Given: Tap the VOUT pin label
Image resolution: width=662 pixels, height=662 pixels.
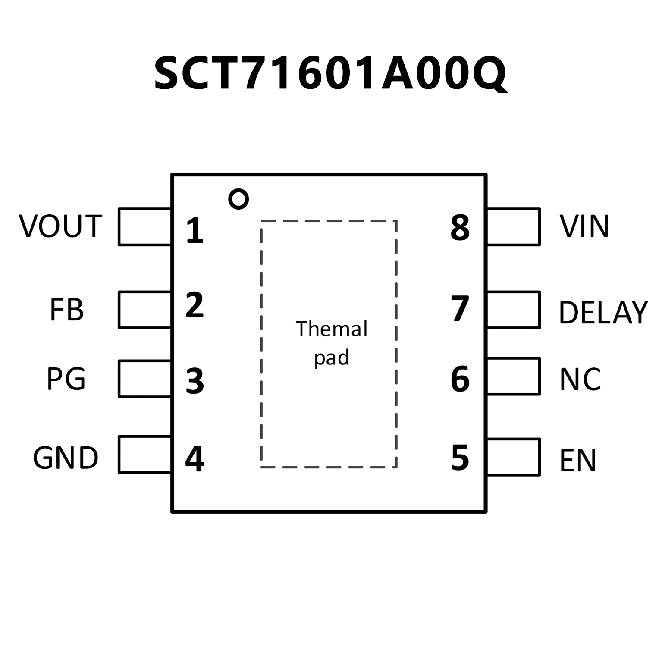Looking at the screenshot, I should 60,226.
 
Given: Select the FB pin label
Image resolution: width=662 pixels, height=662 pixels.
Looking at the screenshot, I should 67,310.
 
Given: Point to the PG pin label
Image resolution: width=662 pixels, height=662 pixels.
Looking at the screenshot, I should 66,379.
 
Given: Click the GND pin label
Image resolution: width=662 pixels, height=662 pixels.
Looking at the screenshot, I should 66,458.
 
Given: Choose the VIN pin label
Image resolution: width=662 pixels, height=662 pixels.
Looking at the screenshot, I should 584,226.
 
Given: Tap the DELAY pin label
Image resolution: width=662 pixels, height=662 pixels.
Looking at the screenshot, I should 603,312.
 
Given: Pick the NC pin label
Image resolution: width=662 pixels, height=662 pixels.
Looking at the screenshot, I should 580,380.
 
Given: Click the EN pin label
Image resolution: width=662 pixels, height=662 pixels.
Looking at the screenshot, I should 577,461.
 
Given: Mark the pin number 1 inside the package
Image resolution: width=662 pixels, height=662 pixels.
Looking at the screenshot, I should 195,231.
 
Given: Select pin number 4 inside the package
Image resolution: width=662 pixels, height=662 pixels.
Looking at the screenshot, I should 195,458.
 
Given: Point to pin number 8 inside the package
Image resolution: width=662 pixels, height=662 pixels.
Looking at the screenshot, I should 460,228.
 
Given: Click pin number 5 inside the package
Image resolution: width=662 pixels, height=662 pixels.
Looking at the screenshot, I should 460,458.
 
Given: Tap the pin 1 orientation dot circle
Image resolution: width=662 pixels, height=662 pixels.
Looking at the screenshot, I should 238,199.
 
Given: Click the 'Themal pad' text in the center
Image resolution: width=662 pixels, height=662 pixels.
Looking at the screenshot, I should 331,343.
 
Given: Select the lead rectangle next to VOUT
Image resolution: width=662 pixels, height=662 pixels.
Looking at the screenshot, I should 145,227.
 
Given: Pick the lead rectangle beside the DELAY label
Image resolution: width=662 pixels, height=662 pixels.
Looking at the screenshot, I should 513,310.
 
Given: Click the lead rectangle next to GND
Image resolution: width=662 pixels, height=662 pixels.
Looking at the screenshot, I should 145,455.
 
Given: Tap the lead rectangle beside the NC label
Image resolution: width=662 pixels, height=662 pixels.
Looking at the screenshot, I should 513,376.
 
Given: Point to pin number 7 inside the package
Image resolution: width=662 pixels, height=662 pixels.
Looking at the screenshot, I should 460,309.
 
